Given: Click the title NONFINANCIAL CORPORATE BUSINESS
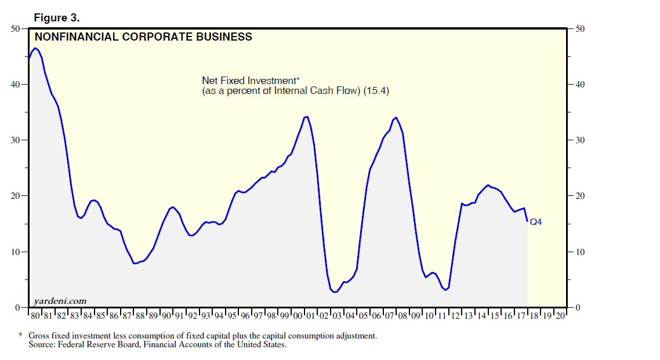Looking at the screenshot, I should [x=144, y=37].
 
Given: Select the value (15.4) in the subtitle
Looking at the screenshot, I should [x=377, y=90].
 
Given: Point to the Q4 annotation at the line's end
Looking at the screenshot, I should [x=536, y=222].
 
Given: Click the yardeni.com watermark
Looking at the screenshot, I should [x=60, y=300].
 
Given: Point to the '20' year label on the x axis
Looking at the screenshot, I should [x=560, y=316].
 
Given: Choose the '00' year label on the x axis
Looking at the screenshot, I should [x=298, y=316].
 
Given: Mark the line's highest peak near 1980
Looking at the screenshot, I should [x=35, y=48].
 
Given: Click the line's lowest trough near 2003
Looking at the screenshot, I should [x=335, y=292].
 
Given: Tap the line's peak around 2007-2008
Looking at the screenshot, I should [x=396, y=118].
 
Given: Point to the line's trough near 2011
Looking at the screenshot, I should [x=445, y=289].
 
